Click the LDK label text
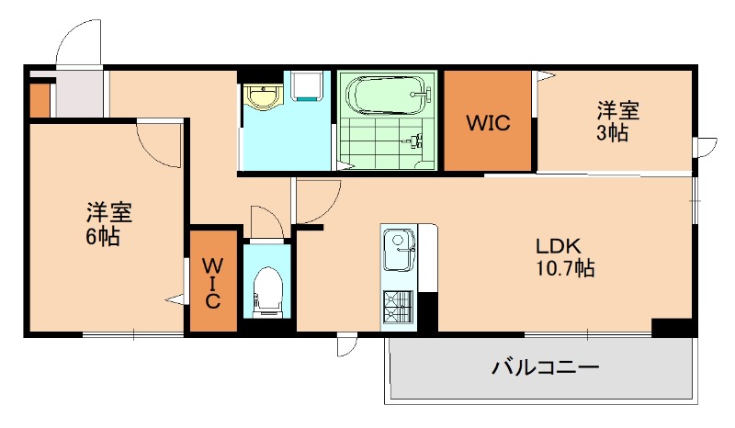point(559,246)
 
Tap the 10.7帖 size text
point(564,269)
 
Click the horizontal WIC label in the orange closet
point(487,122)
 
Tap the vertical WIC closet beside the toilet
point(211,283)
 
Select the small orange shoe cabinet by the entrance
point(39,101)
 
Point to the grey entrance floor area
point(79,94)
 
